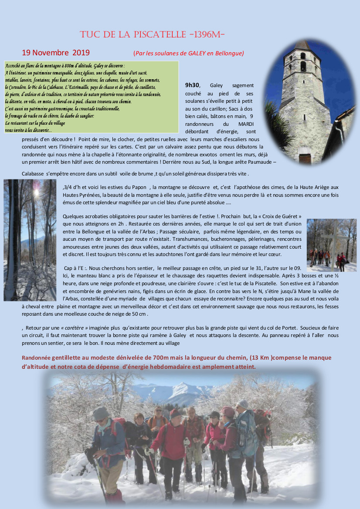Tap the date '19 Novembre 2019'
(x=56, y=53)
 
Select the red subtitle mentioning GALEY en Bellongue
(x=188, y=54)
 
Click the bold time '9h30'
(x=193, y=85)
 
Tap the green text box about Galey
(x=92, y=97)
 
